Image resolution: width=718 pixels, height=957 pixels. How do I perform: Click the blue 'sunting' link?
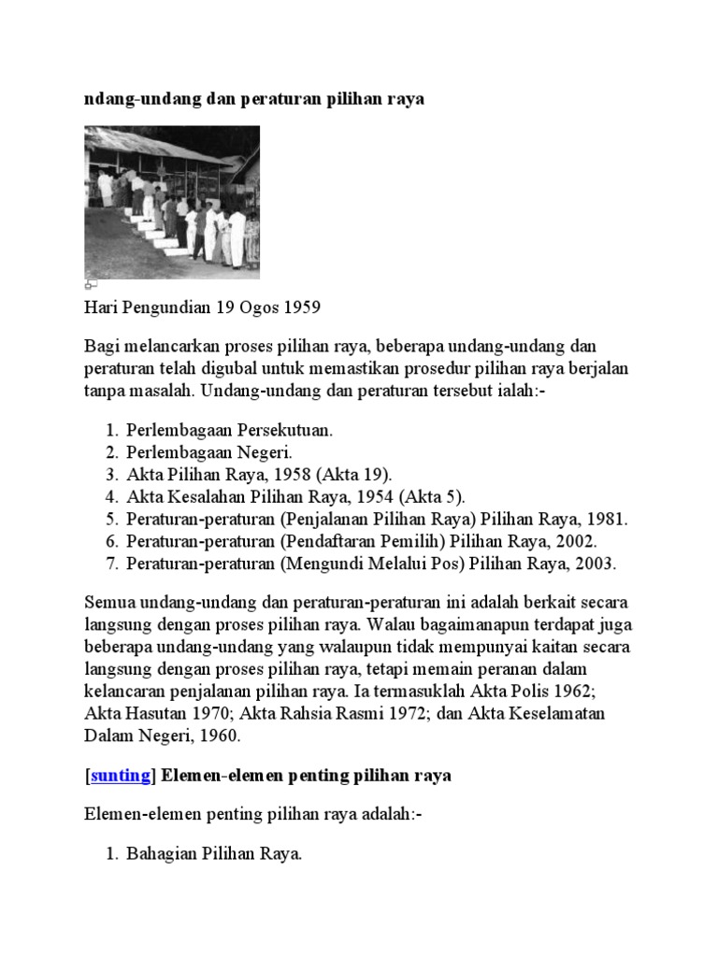tap(121, 776)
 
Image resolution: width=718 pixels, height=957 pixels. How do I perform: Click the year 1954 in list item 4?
tap(366, 497)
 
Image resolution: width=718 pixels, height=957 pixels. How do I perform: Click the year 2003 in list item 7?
tap(595, 564)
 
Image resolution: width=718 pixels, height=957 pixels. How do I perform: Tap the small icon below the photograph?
tap(91, 284)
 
